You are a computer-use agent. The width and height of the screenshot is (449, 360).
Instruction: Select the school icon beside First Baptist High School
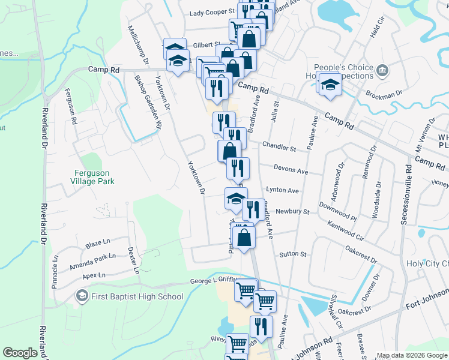[x=81, y=296]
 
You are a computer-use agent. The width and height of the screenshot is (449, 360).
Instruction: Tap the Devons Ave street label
[x=291, y=170]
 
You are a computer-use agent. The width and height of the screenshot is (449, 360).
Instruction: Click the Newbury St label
[x=292, y=211]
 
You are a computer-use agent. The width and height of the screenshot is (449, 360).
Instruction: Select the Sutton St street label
[x=292, y=254]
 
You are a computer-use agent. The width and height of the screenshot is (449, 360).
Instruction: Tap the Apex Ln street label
[x=94, y=275]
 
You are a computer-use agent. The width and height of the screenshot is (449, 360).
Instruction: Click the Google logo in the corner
[x=20, y=353]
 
